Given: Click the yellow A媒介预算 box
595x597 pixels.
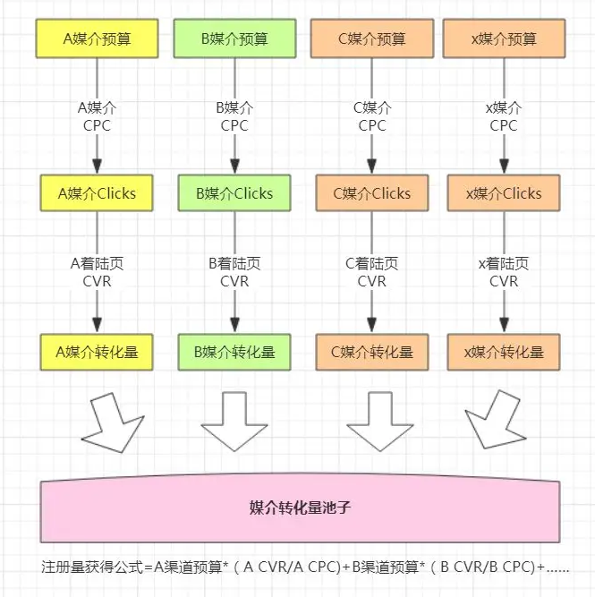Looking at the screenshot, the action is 97,38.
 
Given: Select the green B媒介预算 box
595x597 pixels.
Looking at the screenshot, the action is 235,38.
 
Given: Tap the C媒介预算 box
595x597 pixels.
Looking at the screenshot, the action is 372,38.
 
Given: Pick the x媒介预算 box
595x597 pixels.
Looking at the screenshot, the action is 504,38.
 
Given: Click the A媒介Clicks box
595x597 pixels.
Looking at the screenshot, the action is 97,193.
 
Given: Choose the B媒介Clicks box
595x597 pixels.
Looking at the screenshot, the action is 234,193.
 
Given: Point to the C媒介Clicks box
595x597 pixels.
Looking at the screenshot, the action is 372,193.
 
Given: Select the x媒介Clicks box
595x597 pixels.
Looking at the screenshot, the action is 504,193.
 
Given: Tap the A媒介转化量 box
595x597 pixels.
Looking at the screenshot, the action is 97,352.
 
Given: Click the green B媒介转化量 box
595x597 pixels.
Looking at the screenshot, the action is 234,352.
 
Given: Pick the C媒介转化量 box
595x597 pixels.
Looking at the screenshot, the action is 372,352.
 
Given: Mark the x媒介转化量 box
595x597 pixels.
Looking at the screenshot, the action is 504,352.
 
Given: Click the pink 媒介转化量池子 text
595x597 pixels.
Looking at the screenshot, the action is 300,507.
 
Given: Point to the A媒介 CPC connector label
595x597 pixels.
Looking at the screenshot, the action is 97,116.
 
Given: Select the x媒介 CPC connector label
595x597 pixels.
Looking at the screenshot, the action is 504,116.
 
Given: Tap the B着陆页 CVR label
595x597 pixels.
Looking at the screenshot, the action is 234,272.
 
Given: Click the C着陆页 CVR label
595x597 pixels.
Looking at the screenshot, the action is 372,272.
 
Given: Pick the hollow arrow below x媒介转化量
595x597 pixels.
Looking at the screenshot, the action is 497,421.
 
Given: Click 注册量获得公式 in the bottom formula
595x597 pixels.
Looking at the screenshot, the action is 91,567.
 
